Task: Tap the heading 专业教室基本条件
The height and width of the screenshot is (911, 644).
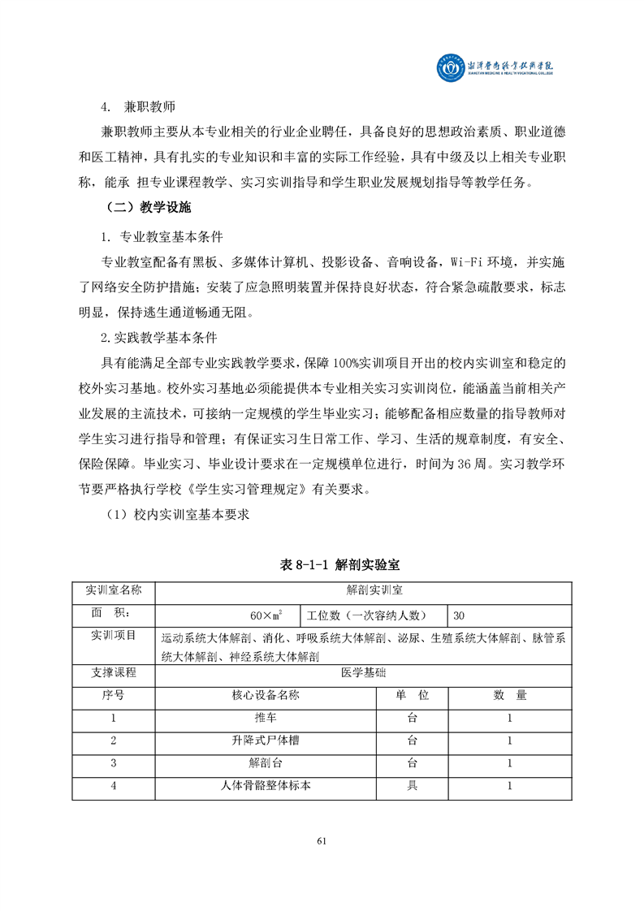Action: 162,238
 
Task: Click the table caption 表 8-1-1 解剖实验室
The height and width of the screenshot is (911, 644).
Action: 322,564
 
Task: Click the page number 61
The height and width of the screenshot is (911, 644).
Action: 322,840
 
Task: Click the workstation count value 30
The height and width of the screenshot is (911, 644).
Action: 460,614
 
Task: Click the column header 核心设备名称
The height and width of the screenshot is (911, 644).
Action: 266,695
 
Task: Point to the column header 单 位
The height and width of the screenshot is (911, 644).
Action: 412,695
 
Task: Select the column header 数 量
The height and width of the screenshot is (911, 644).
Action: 510,695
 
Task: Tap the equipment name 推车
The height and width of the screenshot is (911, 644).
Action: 266,718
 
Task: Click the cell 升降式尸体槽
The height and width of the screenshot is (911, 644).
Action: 266,740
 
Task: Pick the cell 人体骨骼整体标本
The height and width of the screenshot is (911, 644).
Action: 266,786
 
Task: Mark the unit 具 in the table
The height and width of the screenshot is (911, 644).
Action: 412,786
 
